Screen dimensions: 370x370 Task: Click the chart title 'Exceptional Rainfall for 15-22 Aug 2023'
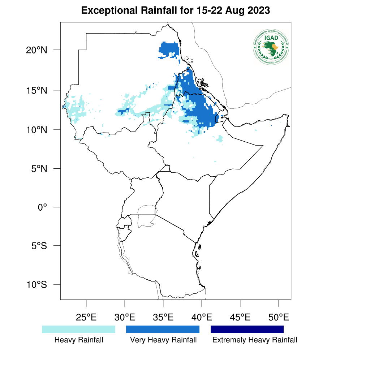[176, 10]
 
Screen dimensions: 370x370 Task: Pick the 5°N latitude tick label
[39, 168]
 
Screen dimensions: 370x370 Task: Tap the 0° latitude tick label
[43, 207]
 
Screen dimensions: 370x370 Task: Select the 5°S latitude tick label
[39, 246]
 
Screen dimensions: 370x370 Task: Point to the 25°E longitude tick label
[86, 318]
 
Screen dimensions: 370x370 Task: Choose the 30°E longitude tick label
[125, 318]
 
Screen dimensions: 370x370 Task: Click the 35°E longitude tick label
[163, 318]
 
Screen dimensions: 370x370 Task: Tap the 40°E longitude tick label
[202, 318]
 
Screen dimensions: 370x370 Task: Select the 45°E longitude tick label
[240, 318]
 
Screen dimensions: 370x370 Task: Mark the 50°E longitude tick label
[279, 318]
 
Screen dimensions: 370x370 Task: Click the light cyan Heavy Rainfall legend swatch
[78, 329]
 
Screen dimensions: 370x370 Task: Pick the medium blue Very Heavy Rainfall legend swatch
[163, 329]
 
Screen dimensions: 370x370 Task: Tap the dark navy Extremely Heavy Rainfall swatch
[247, 329]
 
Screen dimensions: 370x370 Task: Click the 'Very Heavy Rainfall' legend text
[163, 340]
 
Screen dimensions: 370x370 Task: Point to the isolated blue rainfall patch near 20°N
[169, 49]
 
